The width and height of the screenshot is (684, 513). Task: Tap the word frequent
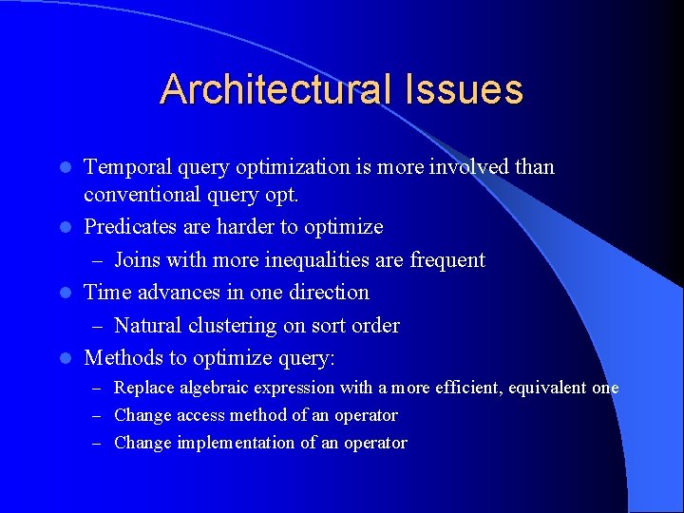click(x=446, y=260)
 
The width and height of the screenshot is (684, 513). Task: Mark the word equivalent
click(x=539, y=389)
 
